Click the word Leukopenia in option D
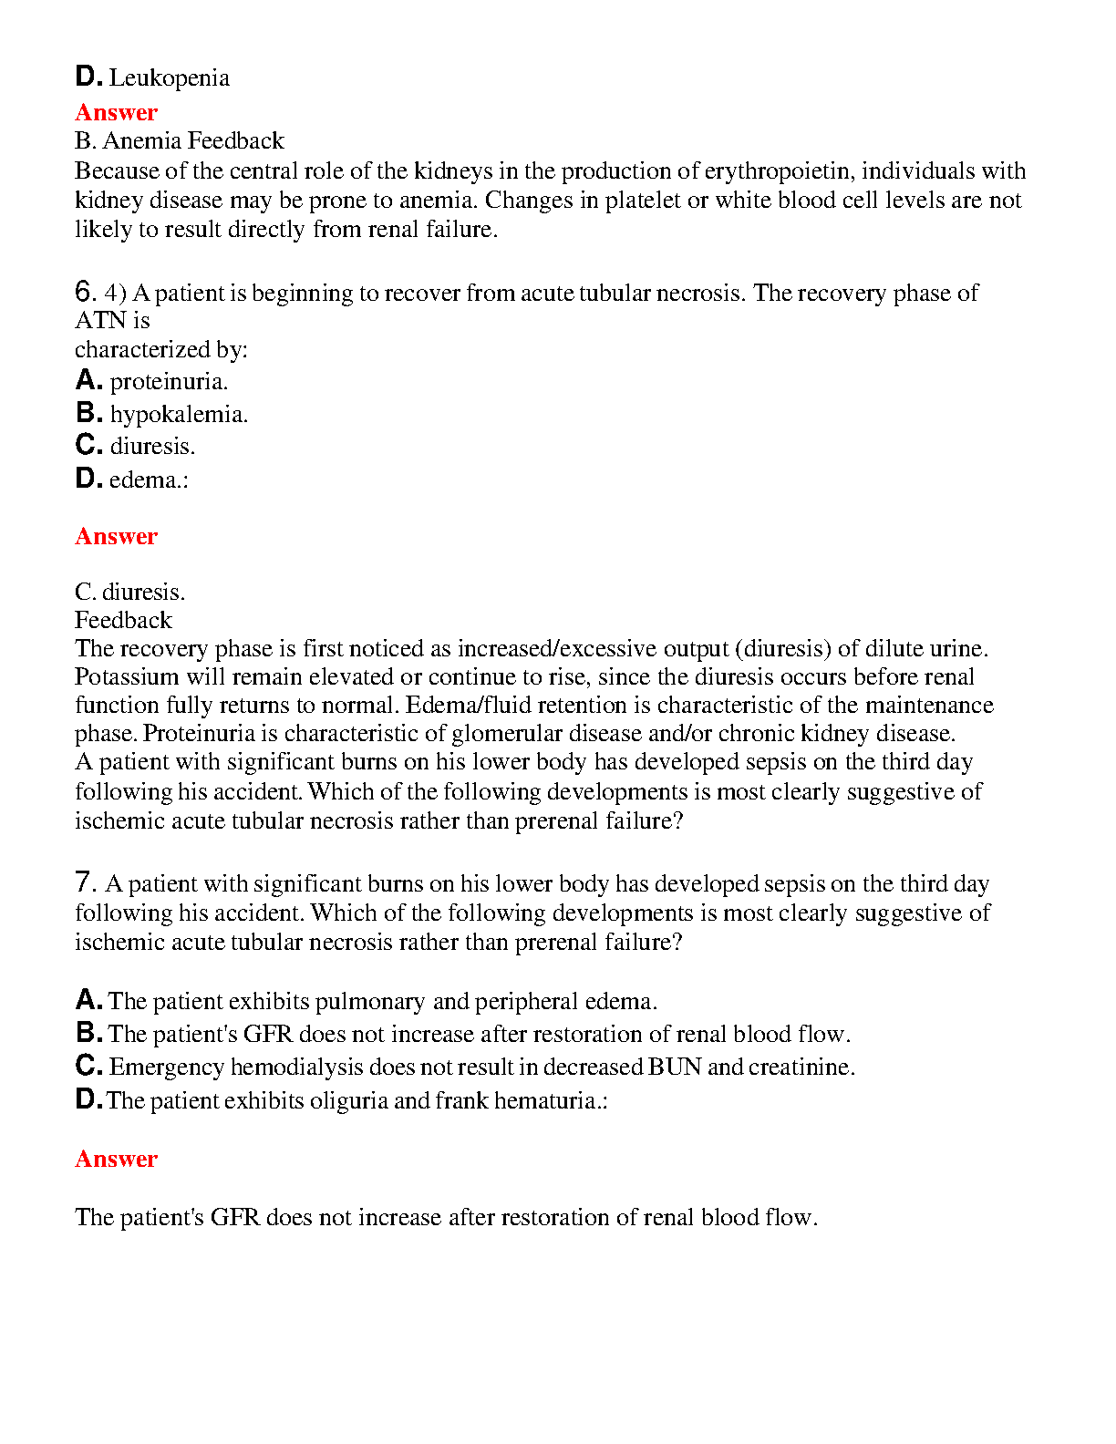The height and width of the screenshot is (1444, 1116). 170,78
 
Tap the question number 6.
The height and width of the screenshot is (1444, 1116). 85,292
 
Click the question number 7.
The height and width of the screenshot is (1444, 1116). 85,882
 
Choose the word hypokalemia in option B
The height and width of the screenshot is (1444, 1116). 178,415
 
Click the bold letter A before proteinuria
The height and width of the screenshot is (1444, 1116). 88,380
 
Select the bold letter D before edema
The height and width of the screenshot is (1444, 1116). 88,479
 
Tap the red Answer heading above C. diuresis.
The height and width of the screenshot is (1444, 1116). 116,536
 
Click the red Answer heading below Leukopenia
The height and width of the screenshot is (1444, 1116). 116,112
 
